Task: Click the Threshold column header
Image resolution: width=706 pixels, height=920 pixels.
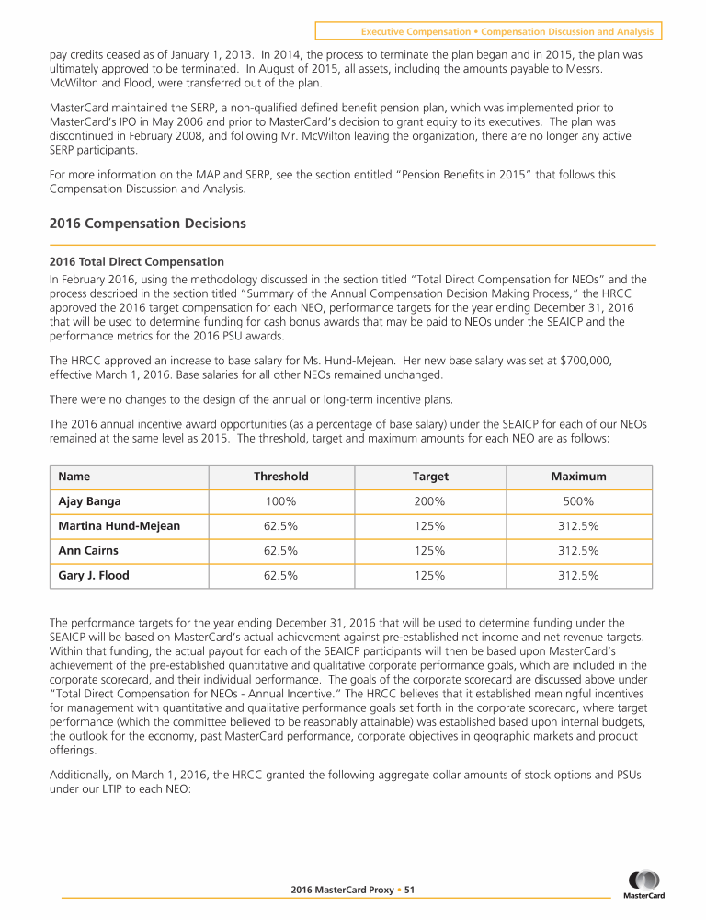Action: (281, 477)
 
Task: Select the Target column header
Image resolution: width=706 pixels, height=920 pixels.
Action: (430, 477)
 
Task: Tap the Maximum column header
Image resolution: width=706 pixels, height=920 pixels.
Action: (578, 477)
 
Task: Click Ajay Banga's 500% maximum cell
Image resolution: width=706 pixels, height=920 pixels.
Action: (578, 501)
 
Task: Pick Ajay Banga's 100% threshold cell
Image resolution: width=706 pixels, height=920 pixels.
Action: (281, 501)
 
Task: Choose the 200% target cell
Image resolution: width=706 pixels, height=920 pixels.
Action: (430, 501)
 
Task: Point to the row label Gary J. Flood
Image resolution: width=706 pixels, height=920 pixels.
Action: (93, 576)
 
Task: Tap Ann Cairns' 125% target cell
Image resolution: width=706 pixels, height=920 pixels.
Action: (430, 551)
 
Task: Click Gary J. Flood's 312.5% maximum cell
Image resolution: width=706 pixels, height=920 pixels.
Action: (578, 576)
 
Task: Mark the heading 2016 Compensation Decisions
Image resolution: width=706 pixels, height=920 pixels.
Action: (150, 224)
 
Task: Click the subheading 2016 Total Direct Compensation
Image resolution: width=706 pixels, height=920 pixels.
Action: (137, 261)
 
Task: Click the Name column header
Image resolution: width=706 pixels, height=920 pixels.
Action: (74, 477)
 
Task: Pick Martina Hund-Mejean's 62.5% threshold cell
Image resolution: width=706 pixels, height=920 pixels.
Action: (281, 526)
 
